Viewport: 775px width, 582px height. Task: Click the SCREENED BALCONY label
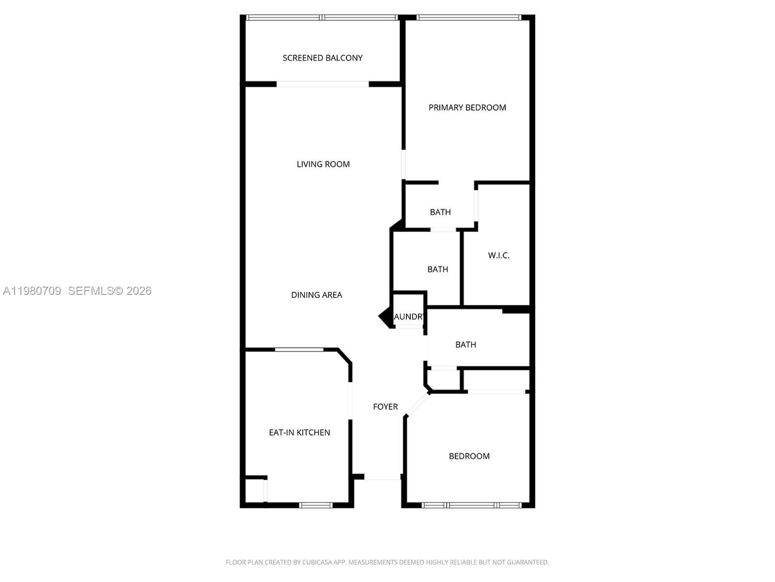pos(323,58)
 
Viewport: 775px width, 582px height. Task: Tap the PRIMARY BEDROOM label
pos(467,108)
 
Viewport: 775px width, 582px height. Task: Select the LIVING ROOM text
pos(323,164)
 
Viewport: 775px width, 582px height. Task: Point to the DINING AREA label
pos(316,295)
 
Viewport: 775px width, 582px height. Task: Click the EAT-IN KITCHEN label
pos(299,433)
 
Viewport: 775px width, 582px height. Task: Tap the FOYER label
pos(385,407)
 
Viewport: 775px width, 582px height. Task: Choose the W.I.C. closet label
pos(498,256)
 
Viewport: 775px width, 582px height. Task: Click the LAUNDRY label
pos(409,317)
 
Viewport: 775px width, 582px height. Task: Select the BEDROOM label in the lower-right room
pos(469,456)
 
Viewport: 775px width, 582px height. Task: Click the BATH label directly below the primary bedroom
pos(440,212)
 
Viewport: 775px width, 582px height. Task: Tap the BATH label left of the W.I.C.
pos(437,270)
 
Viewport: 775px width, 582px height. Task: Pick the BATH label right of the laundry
pos(465,345)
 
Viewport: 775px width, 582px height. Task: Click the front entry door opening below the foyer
pos(382,479)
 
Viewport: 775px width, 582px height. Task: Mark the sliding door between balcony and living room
pos(323,84)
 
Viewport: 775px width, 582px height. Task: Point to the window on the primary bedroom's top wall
pos(468,18)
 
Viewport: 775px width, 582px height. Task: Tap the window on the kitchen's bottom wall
pos(316,505)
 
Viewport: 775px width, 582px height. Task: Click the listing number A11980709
pos(32,291)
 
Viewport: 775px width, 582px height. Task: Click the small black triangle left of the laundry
pos(385,317)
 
